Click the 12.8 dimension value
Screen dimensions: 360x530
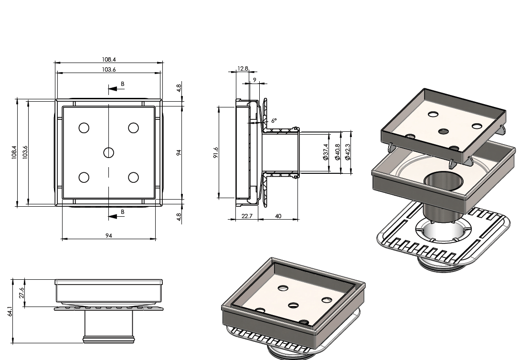click(243, 69)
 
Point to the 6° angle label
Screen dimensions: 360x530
click(274, 121)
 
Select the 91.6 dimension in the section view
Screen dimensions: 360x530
click(216, 152)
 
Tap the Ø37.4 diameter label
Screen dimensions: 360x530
click(326, 152)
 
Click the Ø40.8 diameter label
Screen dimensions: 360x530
click(338, 152)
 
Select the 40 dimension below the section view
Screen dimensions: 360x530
click(278, 216)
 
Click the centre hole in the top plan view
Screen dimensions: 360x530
click(108, 152)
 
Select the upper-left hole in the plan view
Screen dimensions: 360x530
click(84, 128)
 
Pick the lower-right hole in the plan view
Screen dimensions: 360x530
click(133, 177)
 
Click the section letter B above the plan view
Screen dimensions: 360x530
click(122, 84)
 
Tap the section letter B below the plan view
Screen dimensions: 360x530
click(122, 212)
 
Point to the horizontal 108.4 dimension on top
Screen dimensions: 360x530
click(109, 60)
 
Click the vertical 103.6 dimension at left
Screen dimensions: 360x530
click(25, 152)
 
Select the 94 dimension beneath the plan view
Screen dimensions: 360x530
click(109, 235)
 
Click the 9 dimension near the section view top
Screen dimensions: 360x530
click(254, 80)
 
